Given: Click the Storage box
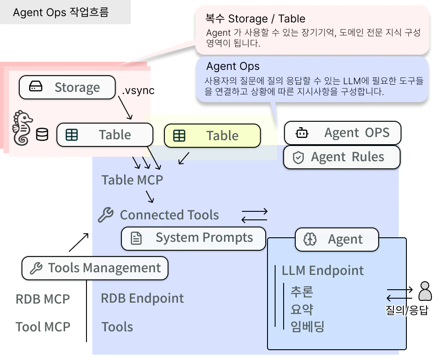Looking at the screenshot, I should [x=67, y=87].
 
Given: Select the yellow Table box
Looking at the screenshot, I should [x=212, y=136].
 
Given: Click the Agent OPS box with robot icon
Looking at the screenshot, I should [x=342, y=133].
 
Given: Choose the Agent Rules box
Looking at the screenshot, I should [x=341, y=157].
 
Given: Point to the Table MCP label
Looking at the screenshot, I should [x=132, y=180].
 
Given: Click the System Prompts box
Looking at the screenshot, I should [x=194, y=238].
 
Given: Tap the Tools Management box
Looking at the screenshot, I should [x=95, y=268].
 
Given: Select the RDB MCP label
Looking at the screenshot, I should [x=43, y=299].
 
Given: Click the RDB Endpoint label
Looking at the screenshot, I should [x=142, y=298].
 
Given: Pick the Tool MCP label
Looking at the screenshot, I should [x=43, y=327].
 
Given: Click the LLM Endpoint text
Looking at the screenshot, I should [x=323, y=270].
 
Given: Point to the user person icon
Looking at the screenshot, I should [x=425, y=291].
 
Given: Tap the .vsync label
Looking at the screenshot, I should [x=138, y=90].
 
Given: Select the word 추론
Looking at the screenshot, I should [x=302, y=292].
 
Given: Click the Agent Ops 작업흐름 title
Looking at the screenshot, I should [x=60, y=12].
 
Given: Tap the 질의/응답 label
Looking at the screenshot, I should [x=406, y=310].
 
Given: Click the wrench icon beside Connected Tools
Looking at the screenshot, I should [x=106, y=215].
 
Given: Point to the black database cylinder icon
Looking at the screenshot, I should [x=42, y=134].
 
